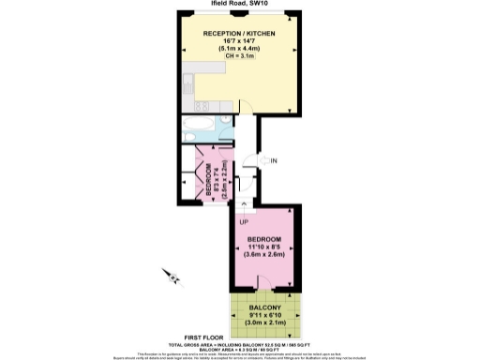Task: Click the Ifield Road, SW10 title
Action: click(241, 4)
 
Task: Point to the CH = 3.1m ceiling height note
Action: click(241, 57)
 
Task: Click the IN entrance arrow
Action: click(262, 161)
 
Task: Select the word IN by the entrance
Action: click(274, 161)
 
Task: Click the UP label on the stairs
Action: click(243, 222)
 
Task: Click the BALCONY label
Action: click(264, 307)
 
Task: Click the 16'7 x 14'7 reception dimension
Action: click(241, 42)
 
